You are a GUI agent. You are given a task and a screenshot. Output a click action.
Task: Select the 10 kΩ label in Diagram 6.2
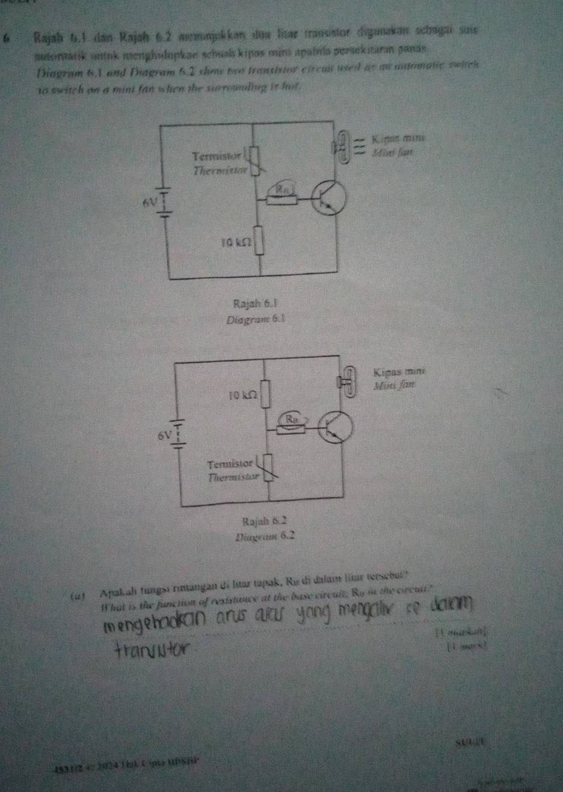pyautogui.click(x=243, y=394)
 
